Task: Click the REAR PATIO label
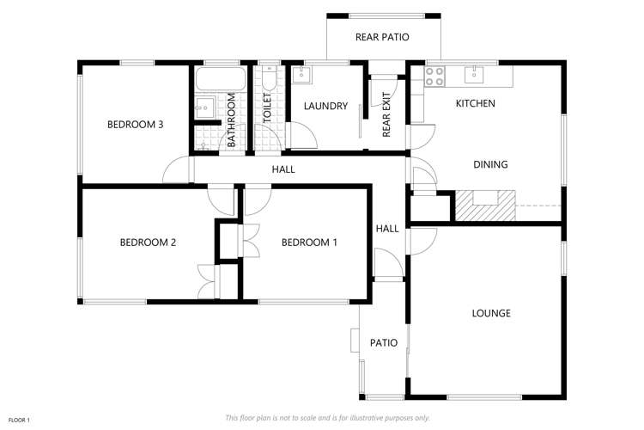click(382, 37)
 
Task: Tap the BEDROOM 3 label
click(135, 125)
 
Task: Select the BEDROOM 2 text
click(147, 243)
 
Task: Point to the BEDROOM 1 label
click(309, 243)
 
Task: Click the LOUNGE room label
click(491, 313)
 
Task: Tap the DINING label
click(490, 164)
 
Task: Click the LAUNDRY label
click(326, 107)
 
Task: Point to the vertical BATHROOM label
click(231, 121)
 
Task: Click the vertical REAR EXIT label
click(386, 114)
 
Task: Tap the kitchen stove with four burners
click(434, 75)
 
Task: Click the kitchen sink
click(475, 75)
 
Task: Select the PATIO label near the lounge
click(383, 342)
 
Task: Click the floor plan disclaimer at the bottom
click(327, 417)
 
